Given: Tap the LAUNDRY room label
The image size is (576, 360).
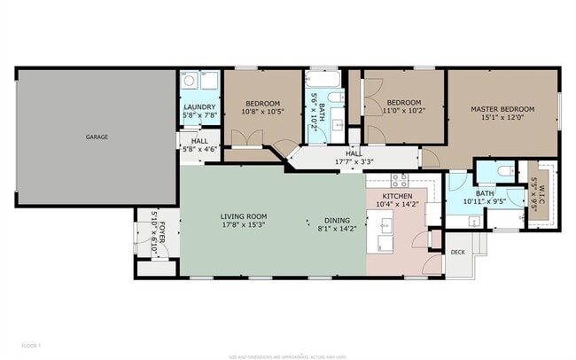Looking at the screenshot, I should [x=198, y=106].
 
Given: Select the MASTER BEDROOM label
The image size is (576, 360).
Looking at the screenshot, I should [x=502, y=108].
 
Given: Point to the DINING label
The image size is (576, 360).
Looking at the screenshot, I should [x=336, y=220].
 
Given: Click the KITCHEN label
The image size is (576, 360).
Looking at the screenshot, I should [x=397, y=195].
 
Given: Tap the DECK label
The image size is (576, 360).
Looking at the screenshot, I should [x=457, y=252].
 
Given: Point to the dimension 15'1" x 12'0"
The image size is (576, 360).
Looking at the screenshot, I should [x=502, y=117].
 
